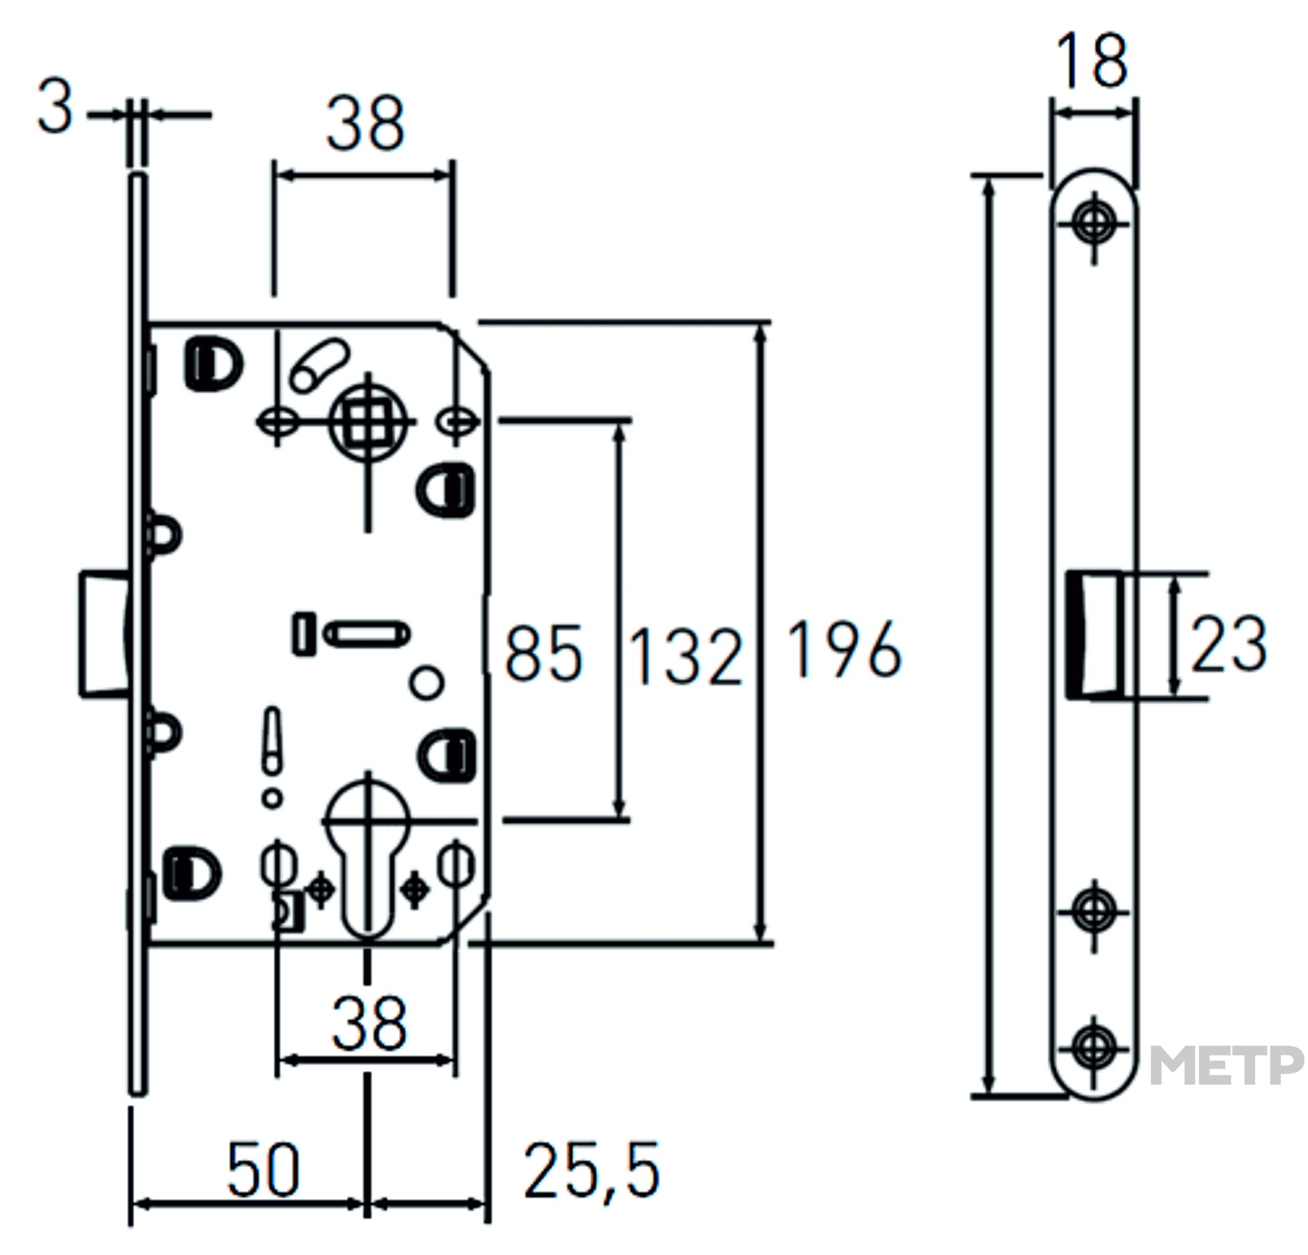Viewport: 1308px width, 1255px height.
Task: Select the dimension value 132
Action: pyautogui.click(x=686, y=657)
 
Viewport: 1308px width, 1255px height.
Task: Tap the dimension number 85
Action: pyautogui.click(x=544, y=653)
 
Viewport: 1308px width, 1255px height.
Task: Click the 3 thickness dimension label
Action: pyautogui.click(x=55, y=105)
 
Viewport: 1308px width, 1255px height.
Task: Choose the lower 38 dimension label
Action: pyautogui.click(x=369, y=1024)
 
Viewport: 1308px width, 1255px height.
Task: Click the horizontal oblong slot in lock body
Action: pyautogui.click(x=367, y=634)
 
